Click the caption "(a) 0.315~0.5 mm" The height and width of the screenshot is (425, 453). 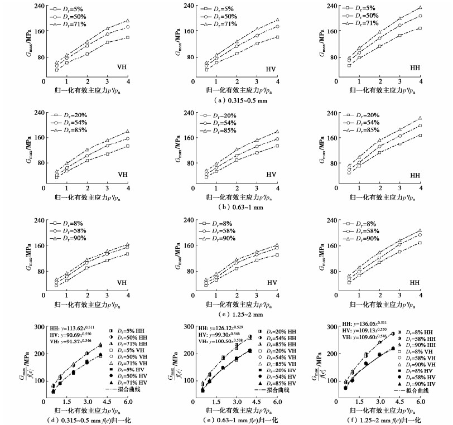[x=226, y=100]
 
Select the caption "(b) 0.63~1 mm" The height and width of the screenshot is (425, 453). [x=226, y=207]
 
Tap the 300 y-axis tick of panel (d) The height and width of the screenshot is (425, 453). [x=37, y=327]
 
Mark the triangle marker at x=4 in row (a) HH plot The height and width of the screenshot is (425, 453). [x=420, y=8]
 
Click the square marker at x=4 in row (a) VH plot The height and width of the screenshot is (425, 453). [x=128, y=37]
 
